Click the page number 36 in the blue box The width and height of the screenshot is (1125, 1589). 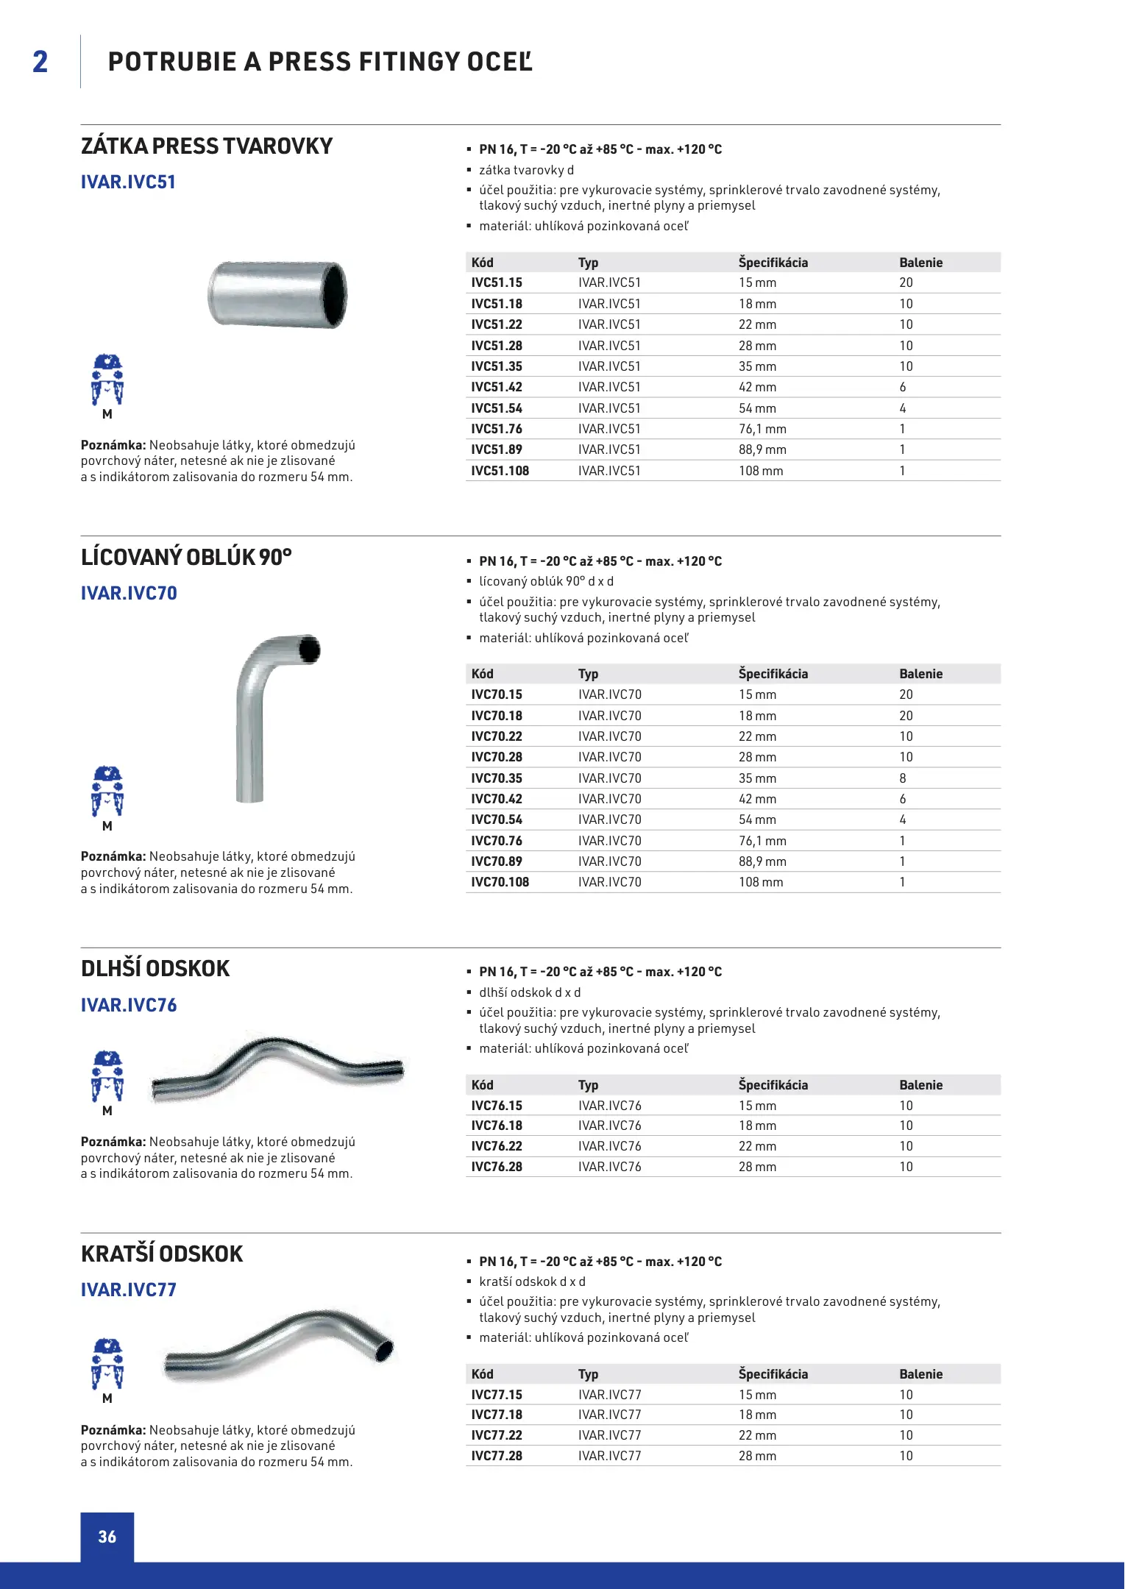(x=107, y=1537)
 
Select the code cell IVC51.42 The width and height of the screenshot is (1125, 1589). (x=497, y=387)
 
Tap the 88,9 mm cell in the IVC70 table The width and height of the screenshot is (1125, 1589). (x=762, y=861)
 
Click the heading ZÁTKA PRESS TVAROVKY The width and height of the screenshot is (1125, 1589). (x=207, y=146)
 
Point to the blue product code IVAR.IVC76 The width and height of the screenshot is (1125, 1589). (x=129, y=1005)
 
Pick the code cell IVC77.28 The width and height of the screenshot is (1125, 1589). (x=497, y=1456)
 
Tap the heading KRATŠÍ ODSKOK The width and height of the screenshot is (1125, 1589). (x=162, y=1254)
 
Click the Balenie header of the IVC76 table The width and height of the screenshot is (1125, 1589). (x=920, y=1085)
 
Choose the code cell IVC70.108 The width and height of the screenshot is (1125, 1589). (x=500, y=882)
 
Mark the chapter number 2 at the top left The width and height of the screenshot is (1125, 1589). (x=40, y=62)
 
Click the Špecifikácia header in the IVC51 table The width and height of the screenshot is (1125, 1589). (x=773, y=263)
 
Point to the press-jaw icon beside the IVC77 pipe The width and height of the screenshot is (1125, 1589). (x=107, y=1364)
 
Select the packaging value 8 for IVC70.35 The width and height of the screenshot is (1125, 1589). (x=903, y=778)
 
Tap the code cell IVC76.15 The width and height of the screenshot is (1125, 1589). (x=497, y=1106)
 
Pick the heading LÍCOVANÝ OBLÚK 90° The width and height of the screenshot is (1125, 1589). (x=186, y=558)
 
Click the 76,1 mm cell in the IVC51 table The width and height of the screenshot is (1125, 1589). (x=762, y=429)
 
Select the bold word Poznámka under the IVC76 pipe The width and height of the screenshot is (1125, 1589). (x=113, y=1142)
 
